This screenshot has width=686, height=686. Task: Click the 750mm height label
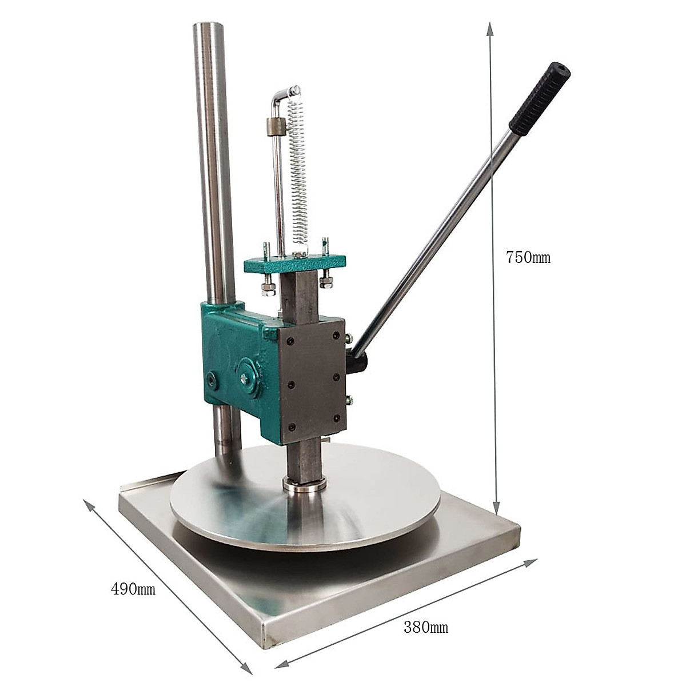coord(528,257)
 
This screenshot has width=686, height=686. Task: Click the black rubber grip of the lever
coord(540,99)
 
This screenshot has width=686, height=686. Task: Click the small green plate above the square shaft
coord(295,264)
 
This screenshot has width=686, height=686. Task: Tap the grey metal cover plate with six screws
coord(313,381)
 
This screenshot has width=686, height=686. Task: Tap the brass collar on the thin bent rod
coord(277,127)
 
